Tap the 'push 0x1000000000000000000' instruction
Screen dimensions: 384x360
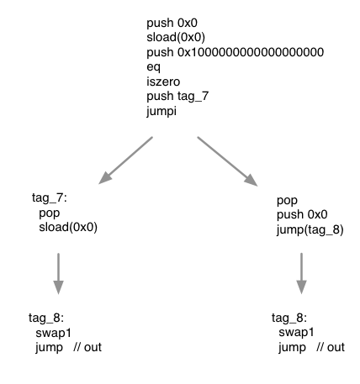[x=235, y=52]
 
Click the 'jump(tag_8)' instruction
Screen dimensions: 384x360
[x=310, y=229]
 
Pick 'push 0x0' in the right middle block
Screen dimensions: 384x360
[x=301, y=215]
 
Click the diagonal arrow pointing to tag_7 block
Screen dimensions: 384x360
[x=126, y=160]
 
